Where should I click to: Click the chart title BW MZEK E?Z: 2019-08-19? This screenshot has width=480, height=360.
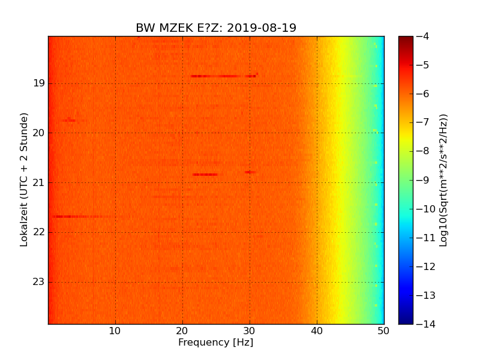click(216, 28)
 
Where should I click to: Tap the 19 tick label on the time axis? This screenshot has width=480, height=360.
click(38, 83)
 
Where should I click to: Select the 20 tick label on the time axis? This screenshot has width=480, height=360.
click(38, 133)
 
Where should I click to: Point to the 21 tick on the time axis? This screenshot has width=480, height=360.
click(38, 182)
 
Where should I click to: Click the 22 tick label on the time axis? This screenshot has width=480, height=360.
click(38, 232)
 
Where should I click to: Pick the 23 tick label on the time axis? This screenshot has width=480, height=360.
click(38, 282)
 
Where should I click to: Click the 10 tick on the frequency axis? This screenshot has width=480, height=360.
click(115, 331)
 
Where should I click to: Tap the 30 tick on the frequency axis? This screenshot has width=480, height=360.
click(250, 331)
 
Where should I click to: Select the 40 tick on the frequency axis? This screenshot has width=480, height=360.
click(317, 331)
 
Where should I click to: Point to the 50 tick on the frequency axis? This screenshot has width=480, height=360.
click(384, 331)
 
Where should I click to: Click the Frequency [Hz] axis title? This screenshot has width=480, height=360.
click(216, 343)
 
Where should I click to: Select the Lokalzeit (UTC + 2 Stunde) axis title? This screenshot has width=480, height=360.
click(25, 179)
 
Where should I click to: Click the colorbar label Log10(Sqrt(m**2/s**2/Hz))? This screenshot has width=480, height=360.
click(443, 180)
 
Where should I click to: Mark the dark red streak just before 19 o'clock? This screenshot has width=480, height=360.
click(222, 76)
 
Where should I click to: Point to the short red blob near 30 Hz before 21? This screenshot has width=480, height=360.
click(250, 172)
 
